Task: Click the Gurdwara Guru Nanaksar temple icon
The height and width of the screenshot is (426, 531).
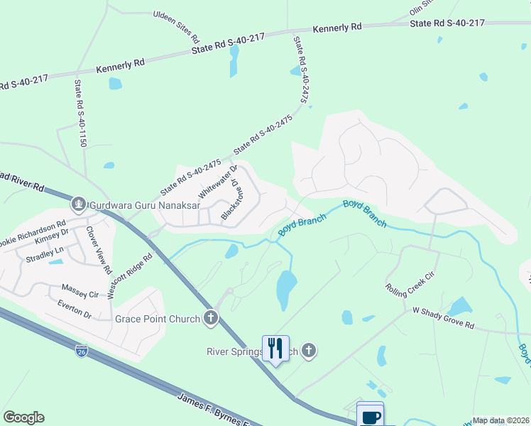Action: coord(79,205)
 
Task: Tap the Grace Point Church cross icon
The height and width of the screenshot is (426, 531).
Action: coord(210,319)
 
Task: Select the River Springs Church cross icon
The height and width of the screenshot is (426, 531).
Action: coord(308,350)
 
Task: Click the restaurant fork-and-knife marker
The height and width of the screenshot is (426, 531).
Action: coord(275,348)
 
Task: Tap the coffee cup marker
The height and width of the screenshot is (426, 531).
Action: coord(371,416)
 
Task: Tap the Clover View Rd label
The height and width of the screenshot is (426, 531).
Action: coord(99,250)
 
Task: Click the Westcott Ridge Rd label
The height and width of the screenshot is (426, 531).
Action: coord(130,277)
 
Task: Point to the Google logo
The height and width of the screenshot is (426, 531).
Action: coord(23,417)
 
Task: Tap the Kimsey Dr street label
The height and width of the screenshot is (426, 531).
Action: coord(51,239)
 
